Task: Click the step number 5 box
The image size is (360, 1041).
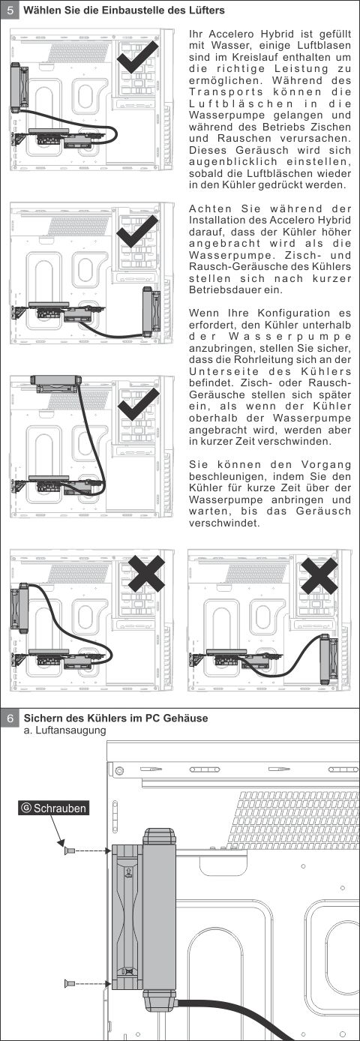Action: click(10, 10)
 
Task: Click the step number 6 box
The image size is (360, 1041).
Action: click(10, 718)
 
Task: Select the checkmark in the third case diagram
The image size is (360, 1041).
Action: click(138, 403)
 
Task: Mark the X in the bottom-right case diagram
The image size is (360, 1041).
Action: click(319, 576)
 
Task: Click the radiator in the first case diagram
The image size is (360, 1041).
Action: click(20, 87)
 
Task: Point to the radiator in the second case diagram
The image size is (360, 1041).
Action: click(151, 312)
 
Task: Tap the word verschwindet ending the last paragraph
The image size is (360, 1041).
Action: click(223, 523)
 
